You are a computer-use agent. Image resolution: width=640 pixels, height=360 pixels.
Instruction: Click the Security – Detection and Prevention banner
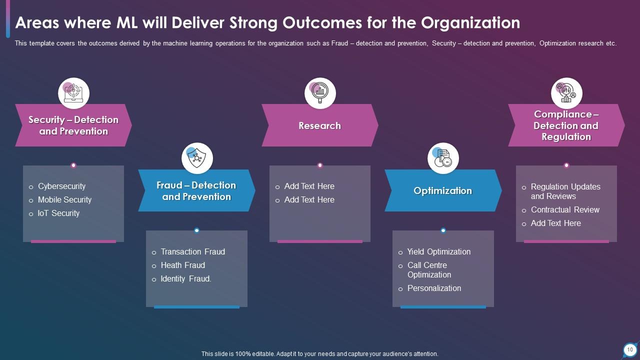(x=73, y=125)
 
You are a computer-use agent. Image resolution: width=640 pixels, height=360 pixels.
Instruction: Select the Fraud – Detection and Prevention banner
(x=196, y=191)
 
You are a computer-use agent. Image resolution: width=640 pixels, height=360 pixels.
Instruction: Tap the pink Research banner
(x=319, y=125)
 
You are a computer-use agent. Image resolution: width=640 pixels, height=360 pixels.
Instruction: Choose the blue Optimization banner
(x=442, y=191)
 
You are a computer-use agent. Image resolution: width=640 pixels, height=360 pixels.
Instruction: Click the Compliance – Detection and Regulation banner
(x=566, y=125)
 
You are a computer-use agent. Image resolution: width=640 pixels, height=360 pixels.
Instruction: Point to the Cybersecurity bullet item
(x=61, y=186)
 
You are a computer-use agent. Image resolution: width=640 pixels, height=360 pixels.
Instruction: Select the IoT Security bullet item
(x=58, y=213)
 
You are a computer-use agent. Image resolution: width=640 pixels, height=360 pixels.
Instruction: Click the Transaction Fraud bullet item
(x=192, y=251)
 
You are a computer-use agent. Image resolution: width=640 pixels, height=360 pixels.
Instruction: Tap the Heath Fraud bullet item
(x=182, y=265)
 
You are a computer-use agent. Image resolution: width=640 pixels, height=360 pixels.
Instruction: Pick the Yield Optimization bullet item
(x=438, y=251)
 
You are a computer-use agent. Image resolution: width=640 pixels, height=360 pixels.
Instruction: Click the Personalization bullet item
(x=434, y=288)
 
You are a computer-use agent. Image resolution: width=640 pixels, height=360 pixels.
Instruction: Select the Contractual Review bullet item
(x=565, y=209)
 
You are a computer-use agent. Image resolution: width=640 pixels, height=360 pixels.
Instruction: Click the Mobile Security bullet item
(x=64, y=199)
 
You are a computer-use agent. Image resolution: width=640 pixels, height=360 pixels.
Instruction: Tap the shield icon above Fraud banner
(x=197, y=158)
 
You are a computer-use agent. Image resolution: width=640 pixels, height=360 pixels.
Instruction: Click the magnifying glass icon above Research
(x=320, y=93)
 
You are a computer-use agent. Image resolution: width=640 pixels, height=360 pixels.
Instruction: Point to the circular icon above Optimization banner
(x=443, y=158)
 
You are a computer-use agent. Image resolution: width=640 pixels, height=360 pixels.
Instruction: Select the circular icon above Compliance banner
(x=566, y=93)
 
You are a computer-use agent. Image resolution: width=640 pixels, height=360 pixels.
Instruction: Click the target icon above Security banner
(x=73, y=93)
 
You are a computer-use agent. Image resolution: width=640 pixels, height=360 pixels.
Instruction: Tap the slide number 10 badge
(x=629, y=349)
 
